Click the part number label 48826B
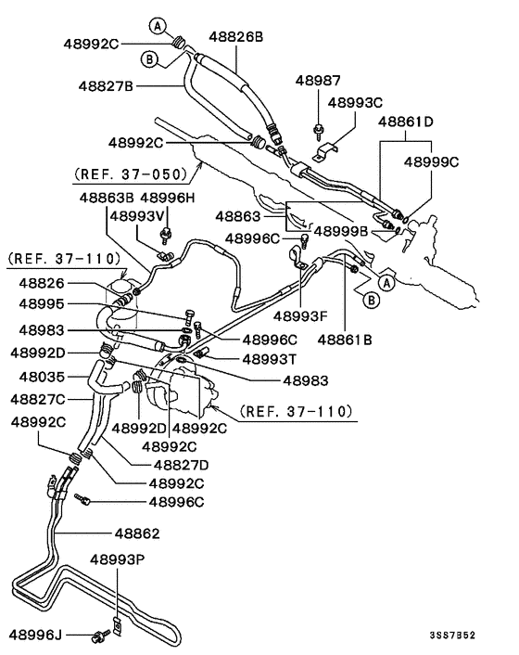click(235, 37)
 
